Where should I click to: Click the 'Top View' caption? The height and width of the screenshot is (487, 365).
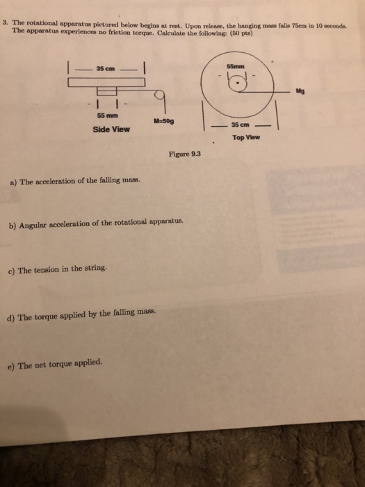point(246,138)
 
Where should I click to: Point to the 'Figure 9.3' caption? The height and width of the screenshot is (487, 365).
point(184,154)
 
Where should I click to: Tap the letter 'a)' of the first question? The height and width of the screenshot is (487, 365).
point(13,183)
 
